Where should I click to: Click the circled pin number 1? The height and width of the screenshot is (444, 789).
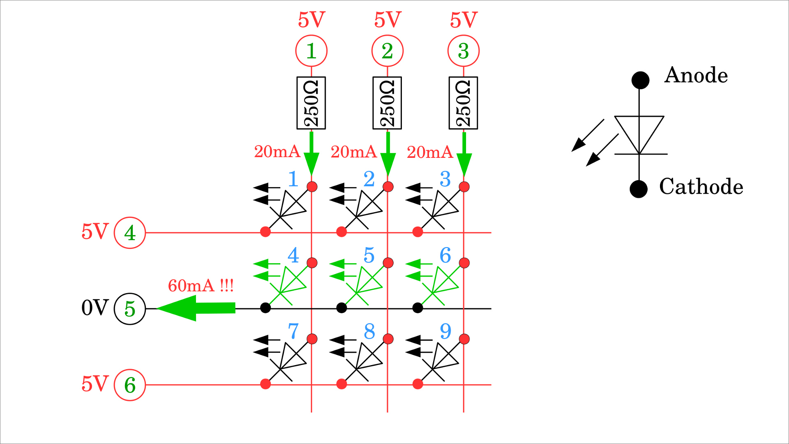click(311, 51)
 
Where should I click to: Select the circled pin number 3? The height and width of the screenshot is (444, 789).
click(463, 51)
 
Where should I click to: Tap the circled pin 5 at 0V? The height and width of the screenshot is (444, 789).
click(130, 309)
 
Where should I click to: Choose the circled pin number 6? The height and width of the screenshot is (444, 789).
click(130, 385)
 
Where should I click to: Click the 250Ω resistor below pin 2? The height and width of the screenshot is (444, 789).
click(387, 103)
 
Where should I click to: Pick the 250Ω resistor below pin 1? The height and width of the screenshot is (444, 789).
click(311, 103)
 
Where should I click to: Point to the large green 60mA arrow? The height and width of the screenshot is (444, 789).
click(196, 308)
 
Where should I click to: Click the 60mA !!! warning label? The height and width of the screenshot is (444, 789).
click(201, 285)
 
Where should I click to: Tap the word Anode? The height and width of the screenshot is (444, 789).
click(696, 75)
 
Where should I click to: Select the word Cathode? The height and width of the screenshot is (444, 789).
click(701, 187)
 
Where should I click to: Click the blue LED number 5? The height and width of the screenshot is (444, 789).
click(369, 255)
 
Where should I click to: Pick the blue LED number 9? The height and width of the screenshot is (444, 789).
click(445, 331)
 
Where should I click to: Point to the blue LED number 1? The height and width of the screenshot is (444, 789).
click(293, 179)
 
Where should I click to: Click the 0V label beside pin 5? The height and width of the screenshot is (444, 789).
click(95, 308)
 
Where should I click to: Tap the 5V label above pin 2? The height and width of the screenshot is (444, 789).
click(387, 20)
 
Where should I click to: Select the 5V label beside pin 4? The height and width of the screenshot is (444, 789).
click(95, 232)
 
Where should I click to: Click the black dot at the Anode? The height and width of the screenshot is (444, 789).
click(640, 80)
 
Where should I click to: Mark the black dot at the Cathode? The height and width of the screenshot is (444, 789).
click(639, 189)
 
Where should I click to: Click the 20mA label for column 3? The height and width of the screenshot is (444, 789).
click(429, 152)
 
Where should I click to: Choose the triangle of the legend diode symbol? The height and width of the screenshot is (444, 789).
click(639, 131)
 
